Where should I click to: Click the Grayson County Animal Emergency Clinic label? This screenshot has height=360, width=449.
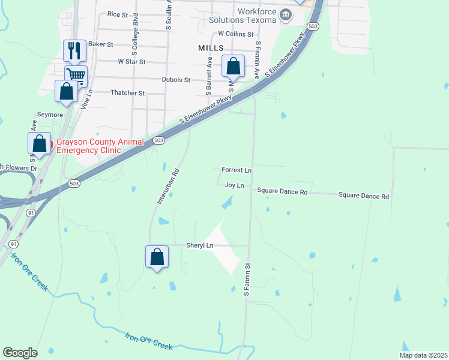click(x=100, y=146)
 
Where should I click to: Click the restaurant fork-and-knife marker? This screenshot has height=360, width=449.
click(x=75, y=50)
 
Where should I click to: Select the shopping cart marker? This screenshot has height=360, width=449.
click(x=76, y=76)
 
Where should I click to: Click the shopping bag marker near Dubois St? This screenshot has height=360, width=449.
click(x=234, y=66)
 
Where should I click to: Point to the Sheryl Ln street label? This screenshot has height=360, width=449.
click(x=200, y=245)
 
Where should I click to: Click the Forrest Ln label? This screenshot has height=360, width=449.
click(x=236, y=170)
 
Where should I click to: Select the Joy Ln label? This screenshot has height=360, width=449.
click(x=234, y=185)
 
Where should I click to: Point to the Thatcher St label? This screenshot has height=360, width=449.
click(x=128, y=93)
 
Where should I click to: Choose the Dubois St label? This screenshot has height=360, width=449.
click(x=176, y=79)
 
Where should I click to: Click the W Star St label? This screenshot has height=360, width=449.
click(x=131, y=61)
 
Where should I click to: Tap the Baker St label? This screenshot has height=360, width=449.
click(x=100, y=44)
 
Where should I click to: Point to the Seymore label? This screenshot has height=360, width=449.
click(x=50, y=115)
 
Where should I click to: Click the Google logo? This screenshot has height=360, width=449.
click(x=20, y=353)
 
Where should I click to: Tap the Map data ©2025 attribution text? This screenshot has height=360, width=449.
click(x=423, y=355)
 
